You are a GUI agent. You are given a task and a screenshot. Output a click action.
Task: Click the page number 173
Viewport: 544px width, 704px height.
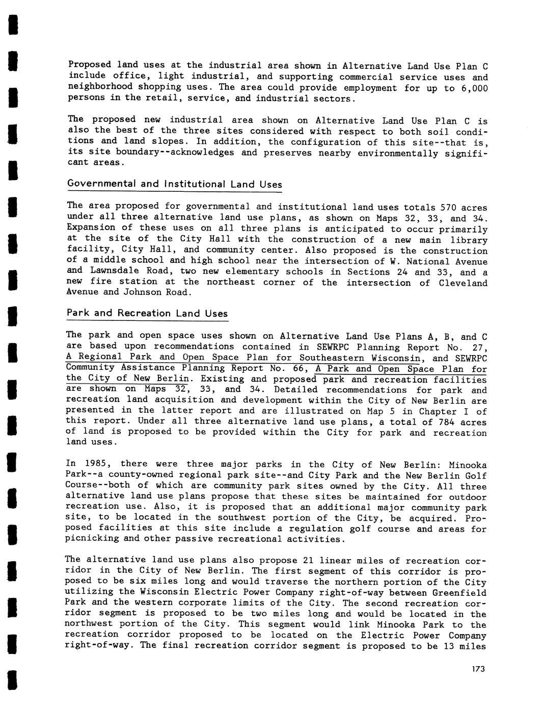pos(478,669)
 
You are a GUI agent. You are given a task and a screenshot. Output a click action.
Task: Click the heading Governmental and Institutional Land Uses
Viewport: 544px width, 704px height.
pos(174,184)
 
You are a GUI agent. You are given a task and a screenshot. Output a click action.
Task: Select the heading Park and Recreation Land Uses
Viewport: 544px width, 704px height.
pos(147,313)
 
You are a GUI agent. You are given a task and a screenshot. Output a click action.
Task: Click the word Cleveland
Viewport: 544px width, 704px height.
pos(463,283)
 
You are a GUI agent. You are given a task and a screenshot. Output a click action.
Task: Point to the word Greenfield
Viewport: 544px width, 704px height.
pos(459,593)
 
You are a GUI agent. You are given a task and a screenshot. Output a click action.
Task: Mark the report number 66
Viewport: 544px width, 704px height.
pos(301,368)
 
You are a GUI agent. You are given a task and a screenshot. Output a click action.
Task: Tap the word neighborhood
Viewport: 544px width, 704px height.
pos(100,87)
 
